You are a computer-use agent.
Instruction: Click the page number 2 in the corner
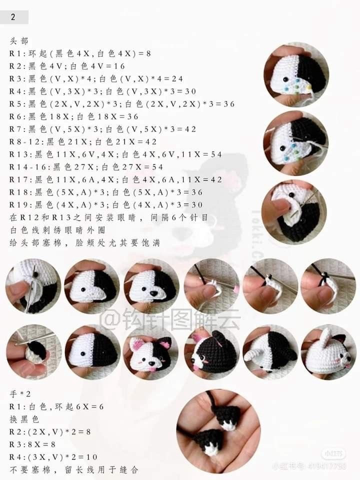coord(13,17)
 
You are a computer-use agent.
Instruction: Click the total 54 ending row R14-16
coord(156,167)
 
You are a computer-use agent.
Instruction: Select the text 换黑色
coord(24,418)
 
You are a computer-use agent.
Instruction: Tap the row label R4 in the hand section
coord(14,457)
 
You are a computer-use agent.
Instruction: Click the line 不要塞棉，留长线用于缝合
coord(74,469)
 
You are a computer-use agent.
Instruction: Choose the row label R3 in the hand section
coord(14,444)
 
